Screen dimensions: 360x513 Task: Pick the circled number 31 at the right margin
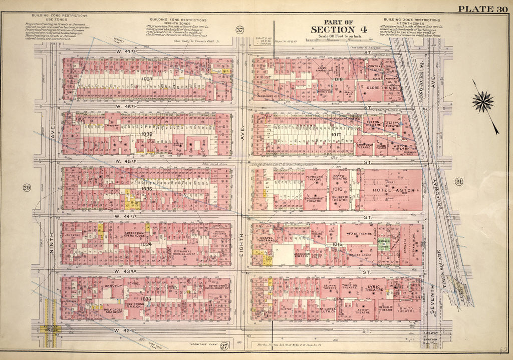458,182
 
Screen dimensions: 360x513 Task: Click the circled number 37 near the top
239,30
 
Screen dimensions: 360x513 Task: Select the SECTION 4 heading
338,30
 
